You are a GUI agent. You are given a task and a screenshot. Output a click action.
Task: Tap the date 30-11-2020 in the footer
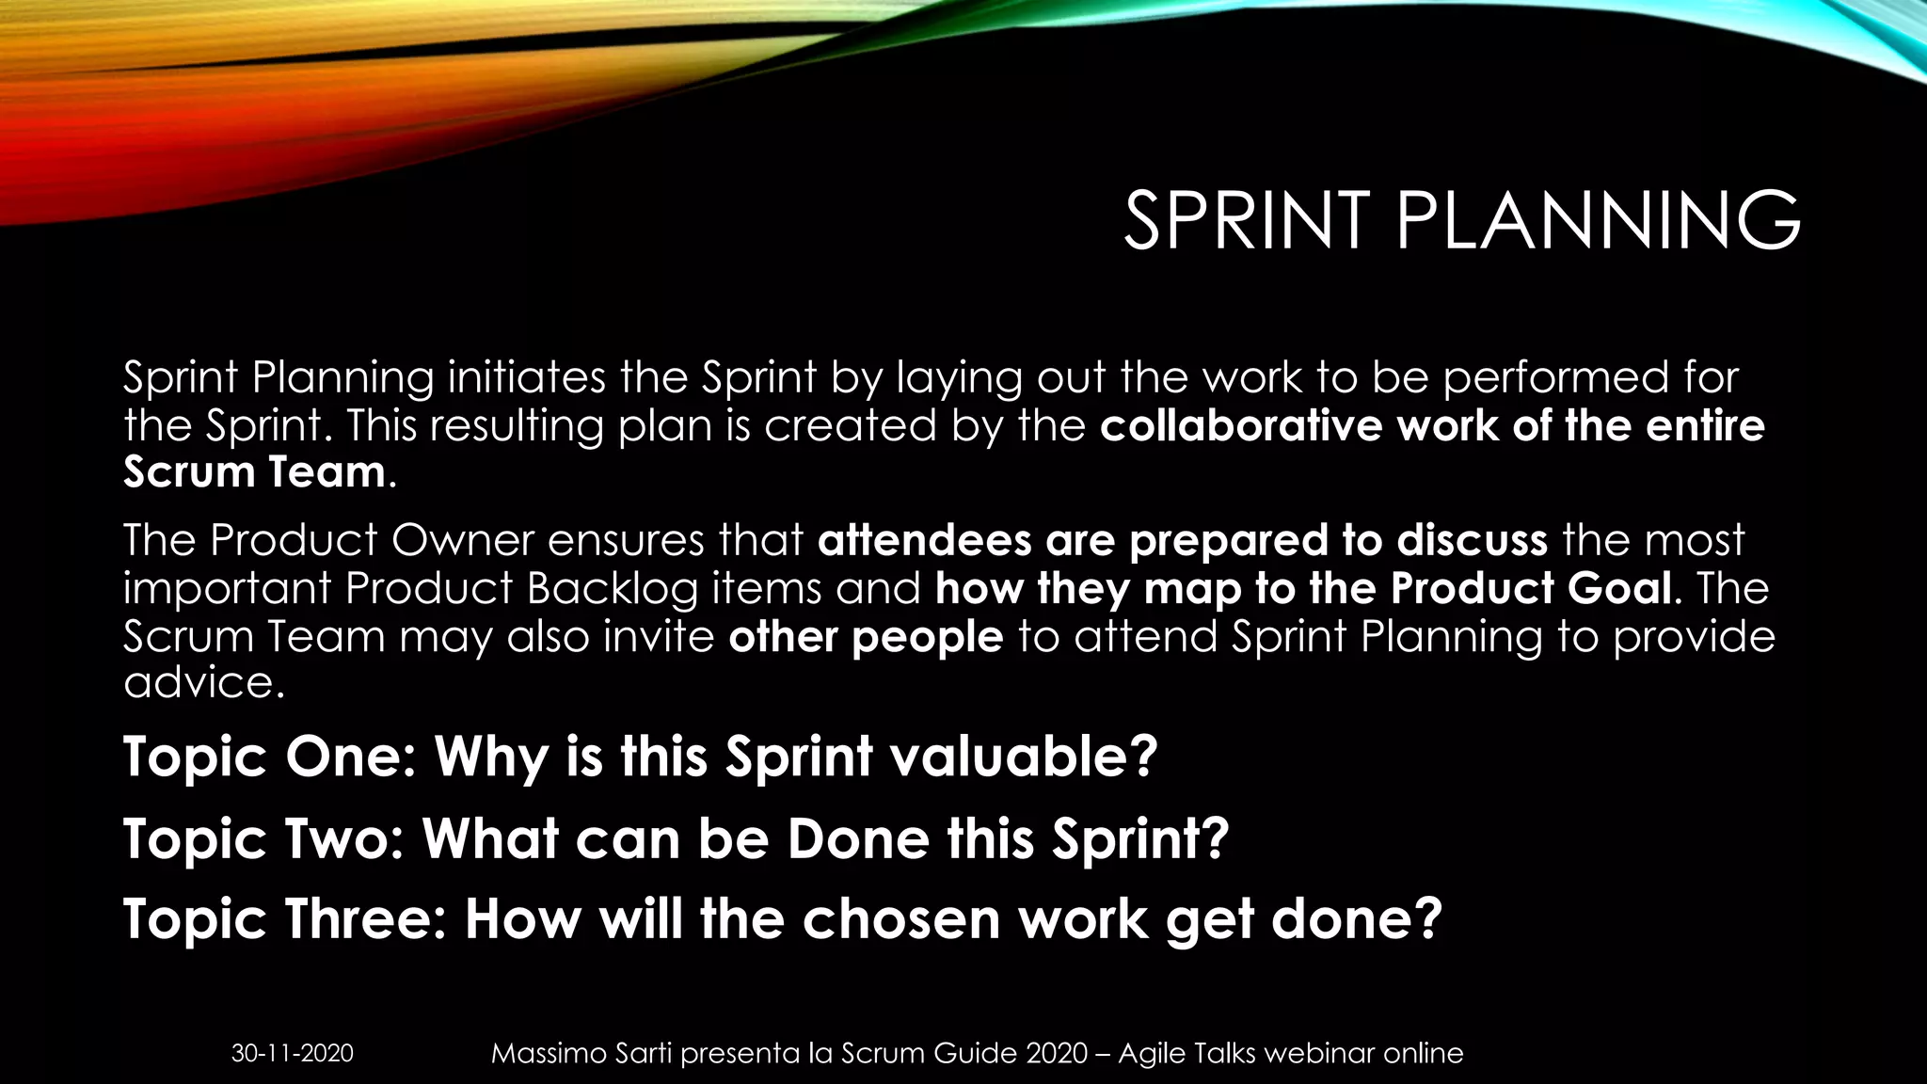[293, 1053]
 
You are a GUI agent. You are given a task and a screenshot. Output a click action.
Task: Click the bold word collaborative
[1242, 425]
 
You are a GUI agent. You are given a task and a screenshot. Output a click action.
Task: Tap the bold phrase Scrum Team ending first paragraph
[254, 471]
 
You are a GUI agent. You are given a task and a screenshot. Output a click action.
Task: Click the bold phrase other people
[866, 637]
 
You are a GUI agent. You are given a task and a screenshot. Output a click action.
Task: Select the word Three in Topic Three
[364, 919]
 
